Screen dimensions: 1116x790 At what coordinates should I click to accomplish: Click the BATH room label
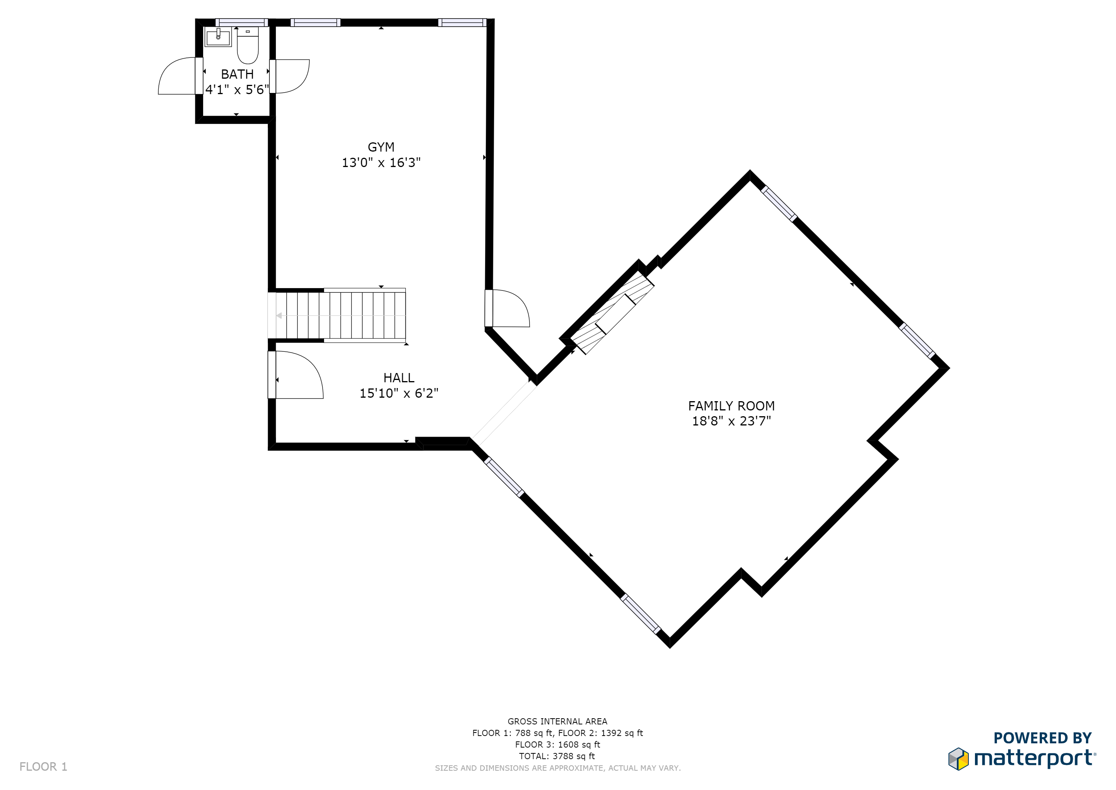point(237,74)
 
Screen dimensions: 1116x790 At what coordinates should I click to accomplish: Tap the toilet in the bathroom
point(248,46)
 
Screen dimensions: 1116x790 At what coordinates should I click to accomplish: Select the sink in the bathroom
point(218,37)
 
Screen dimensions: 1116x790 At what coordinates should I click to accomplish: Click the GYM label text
point(381,147)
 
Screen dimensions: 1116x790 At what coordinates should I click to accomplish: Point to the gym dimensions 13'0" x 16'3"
point(381,162)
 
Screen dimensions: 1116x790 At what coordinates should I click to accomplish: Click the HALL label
point(398,378)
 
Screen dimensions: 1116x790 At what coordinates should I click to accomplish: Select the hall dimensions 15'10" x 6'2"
point(398,393)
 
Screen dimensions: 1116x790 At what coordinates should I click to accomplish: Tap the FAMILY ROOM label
point(731,406)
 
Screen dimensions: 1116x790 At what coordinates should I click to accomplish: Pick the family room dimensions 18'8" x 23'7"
point(731,421)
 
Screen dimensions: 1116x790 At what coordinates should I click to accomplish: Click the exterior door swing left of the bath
point(177,76)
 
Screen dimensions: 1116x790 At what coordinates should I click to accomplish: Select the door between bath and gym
point(290,76)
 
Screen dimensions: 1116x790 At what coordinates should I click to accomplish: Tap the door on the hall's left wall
point(296,375)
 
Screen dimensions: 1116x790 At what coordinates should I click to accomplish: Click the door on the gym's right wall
point(507,308)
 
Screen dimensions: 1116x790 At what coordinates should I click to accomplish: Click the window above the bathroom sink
point(242,22)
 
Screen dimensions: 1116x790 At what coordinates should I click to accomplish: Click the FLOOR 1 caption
point(43,766)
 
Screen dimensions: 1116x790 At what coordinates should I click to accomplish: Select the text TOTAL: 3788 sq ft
point(557,756)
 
